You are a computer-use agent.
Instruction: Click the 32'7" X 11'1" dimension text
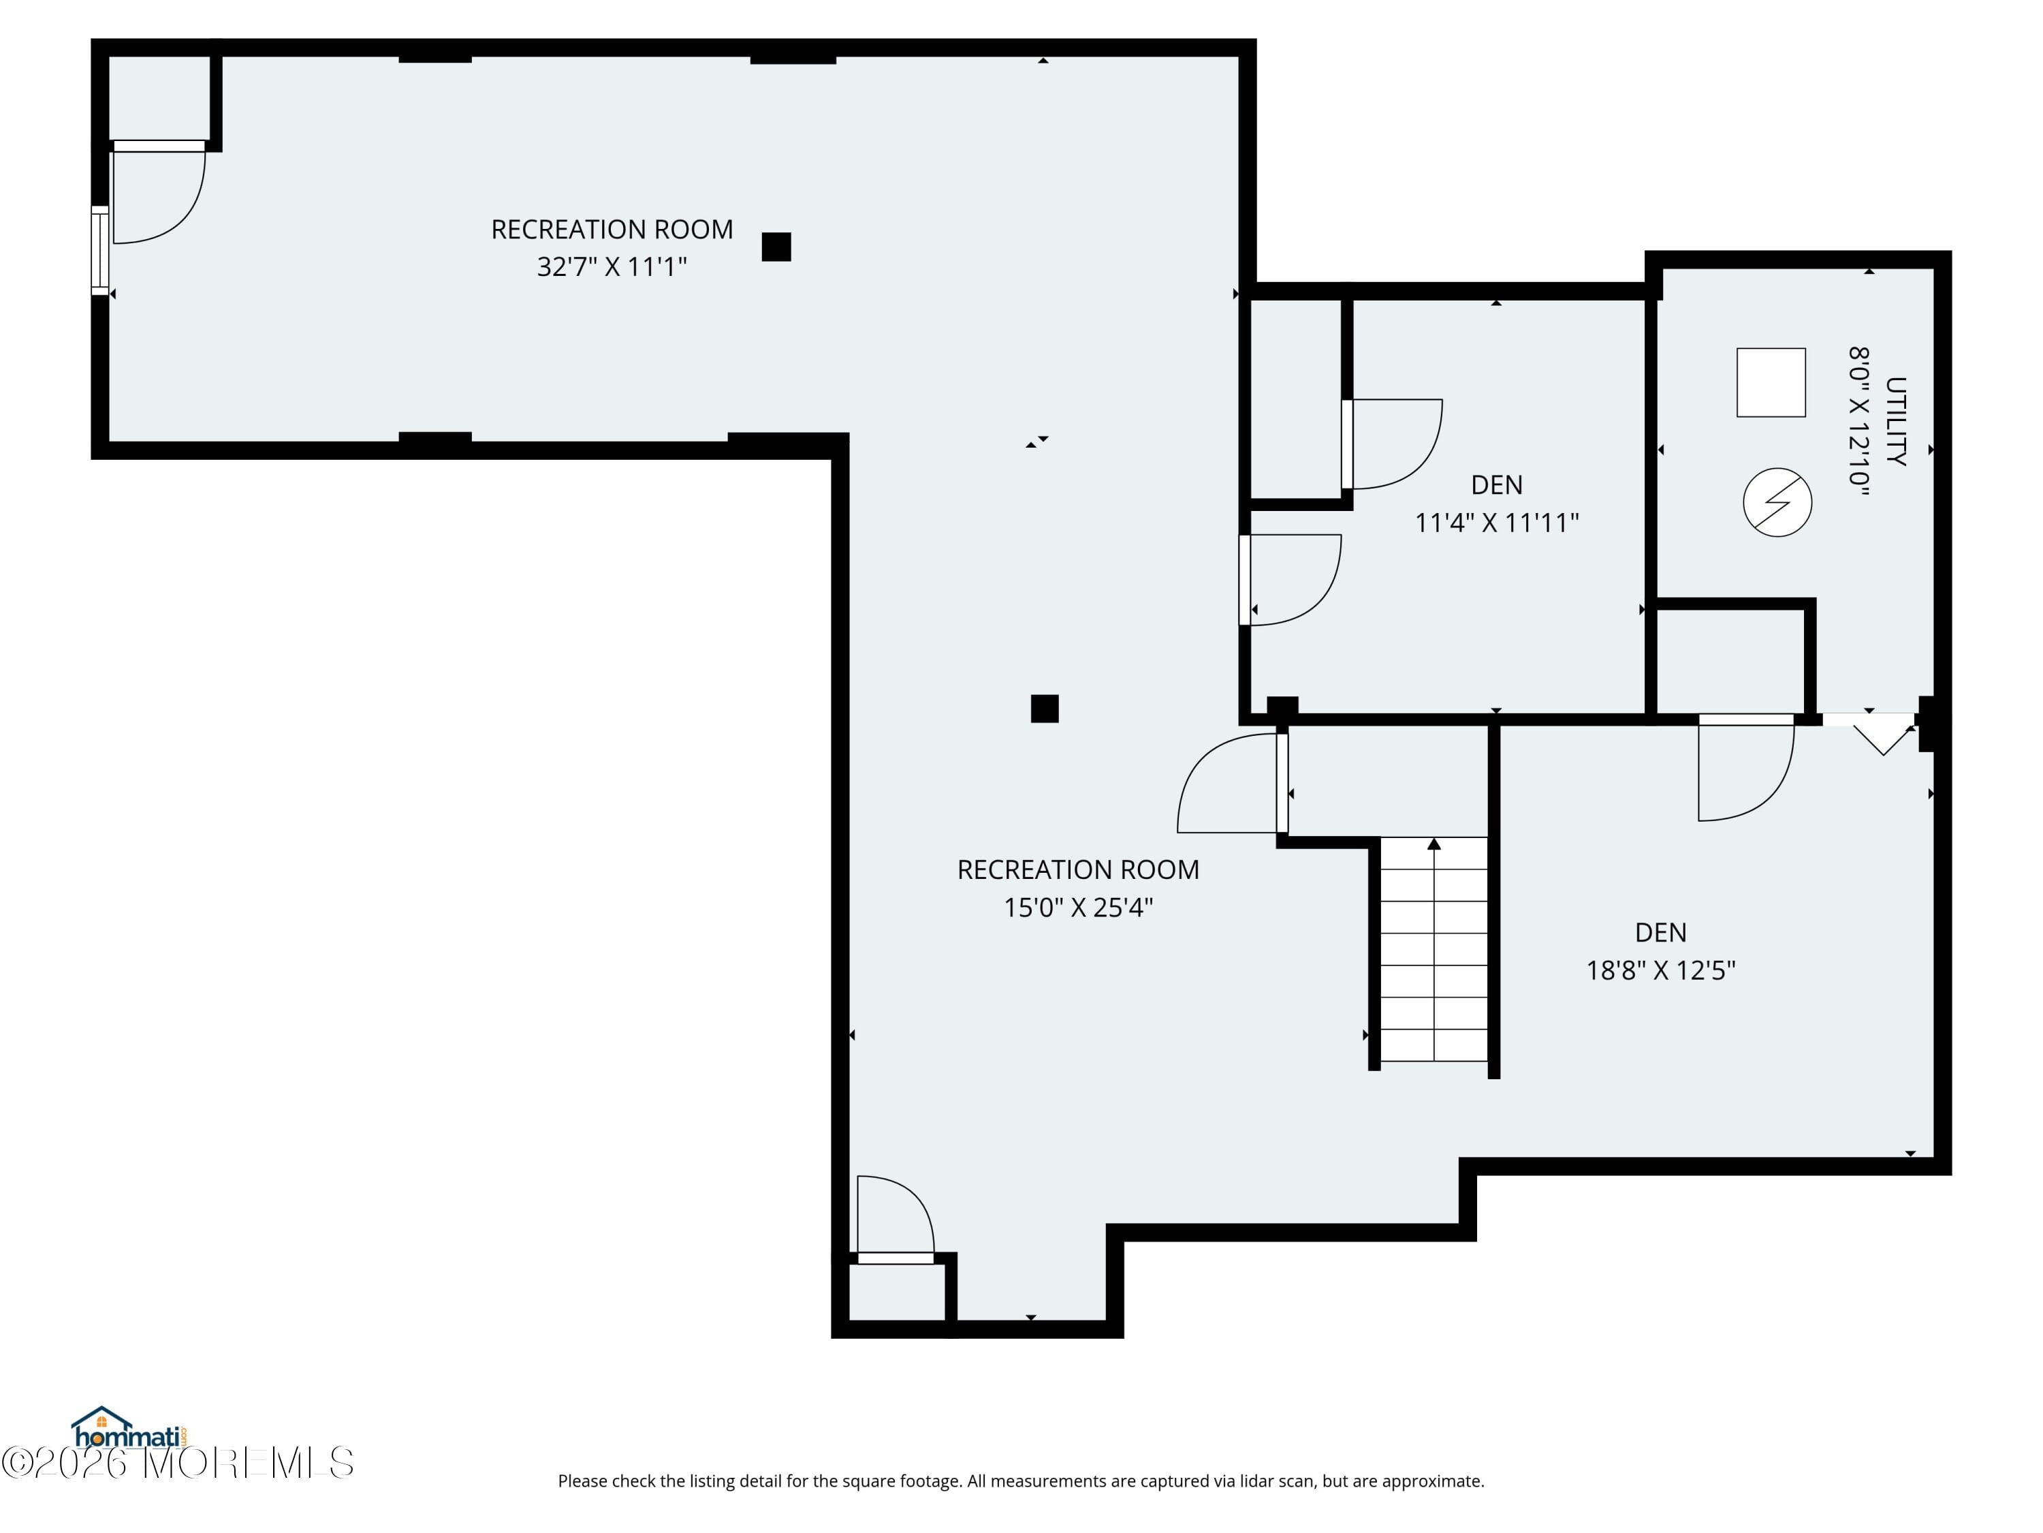point(612,267)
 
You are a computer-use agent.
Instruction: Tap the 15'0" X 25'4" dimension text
point(1078,908)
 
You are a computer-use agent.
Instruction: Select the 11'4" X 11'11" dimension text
point(1496,523)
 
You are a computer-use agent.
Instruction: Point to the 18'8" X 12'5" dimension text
point(1661,970)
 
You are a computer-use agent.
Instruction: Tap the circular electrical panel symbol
point(1777,503)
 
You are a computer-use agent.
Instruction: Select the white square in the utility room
point(1771,382)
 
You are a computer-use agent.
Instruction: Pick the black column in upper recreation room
point(776,247)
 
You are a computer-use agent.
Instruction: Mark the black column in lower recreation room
point(1044,709)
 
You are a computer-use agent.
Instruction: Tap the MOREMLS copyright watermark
point(177,1463)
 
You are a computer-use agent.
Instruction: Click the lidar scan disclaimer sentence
point(1021,1481)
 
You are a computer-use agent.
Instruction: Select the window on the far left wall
point(99,251)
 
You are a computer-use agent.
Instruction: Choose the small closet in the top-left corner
point(159,97)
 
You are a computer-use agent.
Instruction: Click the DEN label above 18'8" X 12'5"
point(1661,932)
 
